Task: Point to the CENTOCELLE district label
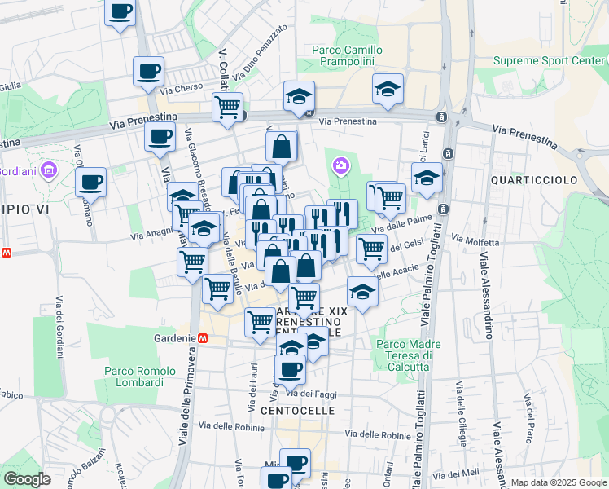tap(298, 411)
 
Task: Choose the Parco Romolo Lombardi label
tap(140, 377)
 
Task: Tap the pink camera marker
tap(340, 166)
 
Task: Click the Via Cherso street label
tap(181, 90)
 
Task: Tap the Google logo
tap(27, 479)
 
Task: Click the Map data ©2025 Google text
tap(558, 482)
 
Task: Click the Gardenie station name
tap(174, 337)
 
